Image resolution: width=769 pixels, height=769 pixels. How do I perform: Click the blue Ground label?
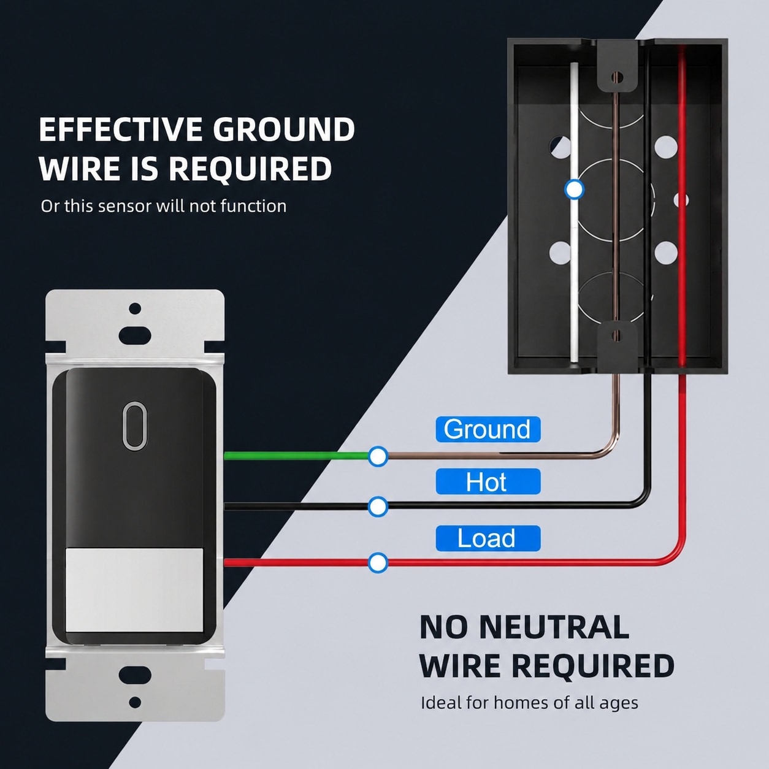[x=488, y=429]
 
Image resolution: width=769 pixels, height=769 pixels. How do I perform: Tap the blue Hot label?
[x=488, y=481]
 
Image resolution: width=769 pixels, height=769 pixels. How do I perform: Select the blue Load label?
[x=488, y=538]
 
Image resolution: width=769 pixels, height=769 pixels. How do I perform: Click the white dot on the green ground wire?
[x=378, y=456]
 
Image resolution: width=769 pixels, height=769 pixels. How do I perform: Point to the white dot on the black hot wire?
[x=378, y=507]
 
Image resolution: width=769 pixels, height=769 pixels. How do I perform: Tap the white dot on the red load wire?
[x=378, y=563]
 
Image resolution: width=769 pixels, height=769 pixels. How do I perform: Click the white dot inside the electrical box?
[x=574, y=189]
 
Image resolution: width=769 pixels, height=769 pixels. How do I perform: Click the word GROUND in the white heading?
[x=284, y=129]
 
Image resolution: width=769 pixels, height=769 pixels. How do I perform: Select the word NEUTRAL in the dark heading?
[x=553, y=628]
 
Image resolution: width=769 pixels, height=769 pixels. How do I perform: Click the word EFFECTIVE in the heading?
[x=121, y=129]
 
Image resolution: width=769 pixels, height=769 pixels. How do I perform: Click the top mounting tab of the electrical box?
[x=616, y=67]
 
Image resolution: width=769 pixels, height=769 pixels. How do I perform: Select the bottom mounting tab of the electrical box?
[x=616, y=344]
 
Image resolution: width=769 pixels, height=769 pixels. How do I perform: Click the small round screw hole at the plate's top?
[x=136, y=308]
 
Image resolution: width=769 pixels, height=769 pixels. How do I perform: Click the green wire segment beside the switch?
[x=296, y=456]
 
